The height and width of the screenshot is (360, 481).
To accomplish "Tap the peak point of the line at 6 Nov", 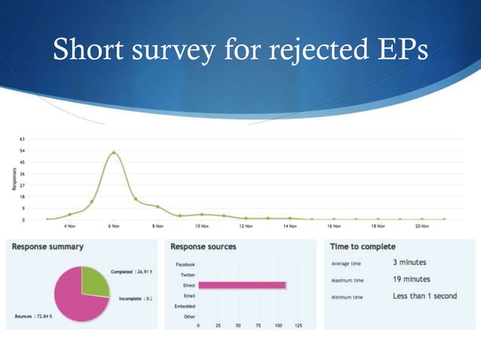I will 114,153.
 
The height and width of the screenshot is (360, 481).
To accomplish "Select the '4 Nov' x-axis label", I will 69,225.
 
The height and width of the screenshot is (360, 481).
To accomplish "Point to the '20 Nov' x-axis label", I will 422,225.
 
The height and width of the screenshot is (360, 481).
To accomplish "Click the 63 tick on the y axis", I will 23,139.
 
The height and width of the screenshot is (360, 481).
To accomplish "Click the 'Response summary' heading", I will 47,246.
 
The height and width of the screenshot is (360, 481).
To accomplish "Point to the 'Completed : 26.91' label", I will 131,271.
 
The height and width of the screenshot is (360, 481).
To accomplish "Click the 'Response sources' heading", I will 204,246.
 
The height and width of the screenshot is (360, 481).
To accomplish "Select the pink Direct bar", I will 242,285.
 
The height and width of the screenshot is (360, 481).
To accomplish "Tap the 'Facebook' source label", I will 185,264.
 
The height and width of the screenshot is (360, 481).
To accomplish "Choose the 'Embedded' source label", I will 185,306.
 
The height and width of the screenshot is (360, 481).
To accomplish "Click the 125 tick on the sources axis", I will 298,326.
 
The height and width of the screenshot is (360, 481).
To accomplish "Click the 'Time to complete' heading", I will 363,246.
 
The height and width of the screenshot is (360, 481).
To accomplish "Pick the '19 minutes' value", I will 412,279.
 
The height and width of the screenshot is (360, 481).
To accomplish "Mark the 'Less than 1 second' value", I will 424,296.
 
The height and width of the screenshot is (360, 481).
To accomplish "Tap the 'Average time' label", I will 347,264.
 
